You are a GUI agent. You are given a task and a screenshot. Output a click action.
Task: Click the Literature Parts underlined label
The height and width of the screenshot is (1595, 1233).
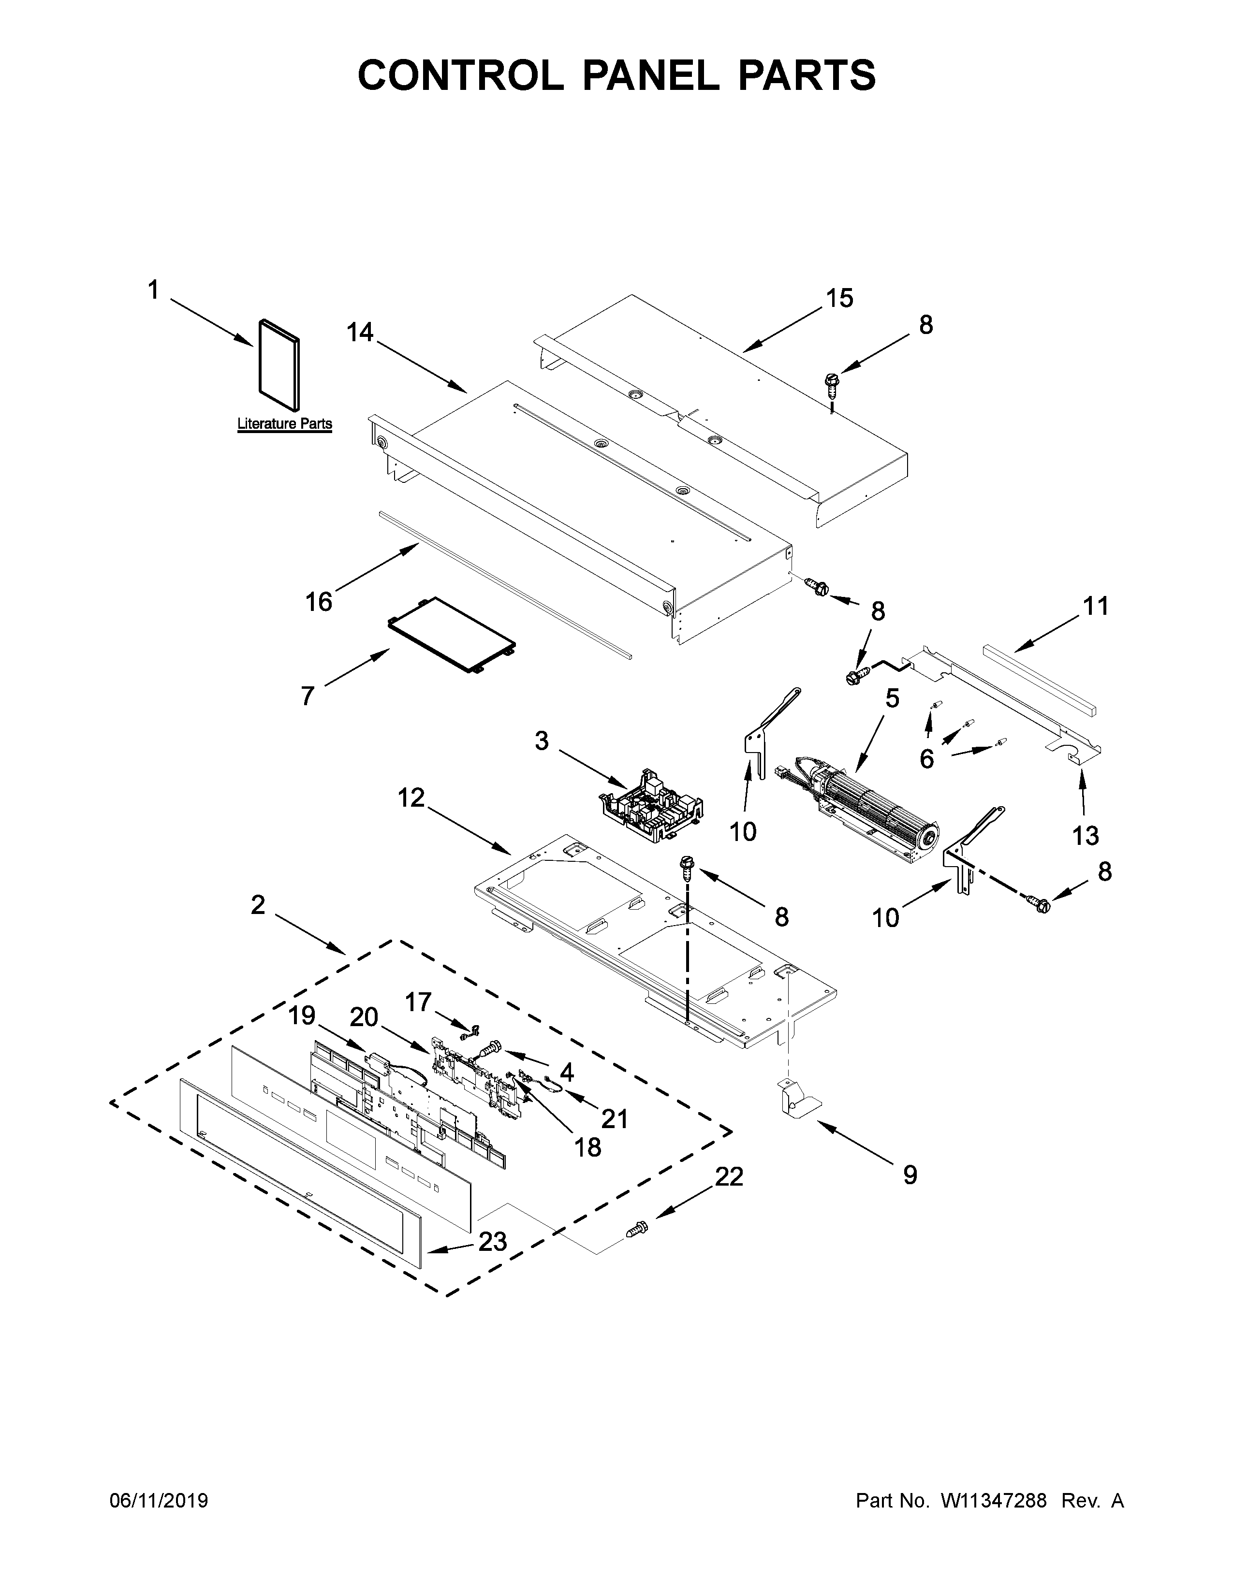coord(284,423)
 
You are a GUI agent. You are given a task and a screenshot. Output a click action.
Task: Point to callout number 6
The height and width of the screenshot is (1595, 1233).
coord(926,759)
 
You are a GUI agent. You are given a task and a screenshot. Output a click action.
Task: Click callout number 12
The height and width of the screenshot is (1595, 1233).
coord(411,798)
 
